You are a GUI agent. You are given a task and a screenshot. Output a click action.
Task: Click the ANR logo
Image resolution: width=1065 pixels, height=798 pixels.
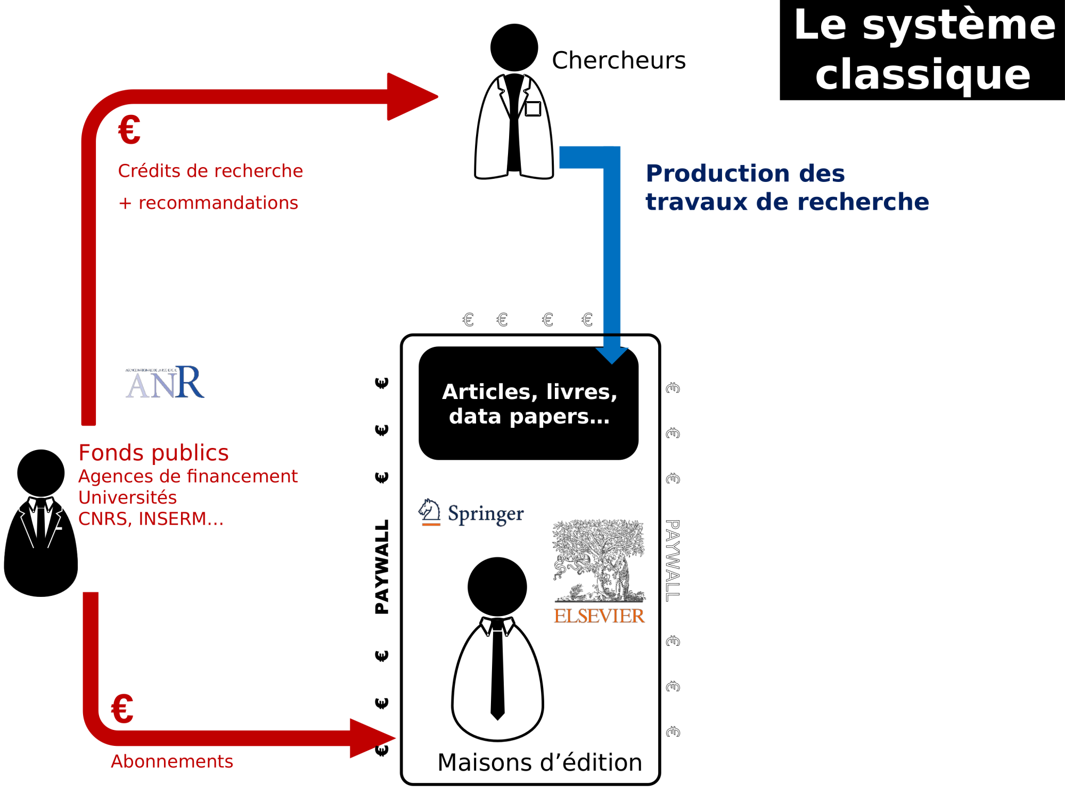165,382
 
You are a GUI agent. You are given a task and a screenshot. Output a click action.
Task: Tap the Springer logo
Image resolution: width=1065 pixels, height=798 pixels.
471,513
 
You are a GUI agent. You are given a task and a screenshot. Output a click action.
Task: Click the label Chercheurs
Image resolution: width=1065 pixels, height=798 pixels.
619,61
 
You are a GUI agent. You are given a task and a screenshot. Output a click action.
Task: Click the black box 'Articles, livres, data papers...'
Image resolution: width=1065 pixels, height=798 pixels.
528,403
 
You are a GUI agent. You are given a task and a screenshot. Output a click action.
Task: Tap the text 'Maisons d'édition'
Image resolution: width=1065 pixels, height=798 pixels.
539,762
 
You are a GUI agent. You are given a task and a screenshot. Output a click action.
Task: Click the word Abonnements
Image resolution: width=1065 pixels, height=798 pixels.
172,761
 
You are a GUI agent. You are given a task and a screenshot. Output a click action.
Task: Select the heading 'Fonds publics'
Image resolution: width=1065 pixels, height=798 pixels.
153,453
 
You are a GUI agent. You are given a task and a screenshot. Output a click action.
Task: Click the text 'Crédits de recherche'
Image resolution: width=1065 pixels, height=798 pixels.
210,171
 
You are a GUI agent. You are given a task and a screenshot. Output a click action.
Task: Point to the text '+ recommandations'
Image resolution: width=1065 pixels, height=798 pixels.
208,203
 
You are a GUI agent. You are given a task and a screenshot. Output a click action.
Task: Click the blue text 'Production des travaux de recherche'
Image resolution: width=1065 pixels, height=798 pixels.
787,187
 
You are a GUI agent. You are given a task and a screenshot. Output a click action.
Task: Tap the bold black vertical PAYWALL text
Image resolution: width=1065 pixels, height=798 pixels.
382,567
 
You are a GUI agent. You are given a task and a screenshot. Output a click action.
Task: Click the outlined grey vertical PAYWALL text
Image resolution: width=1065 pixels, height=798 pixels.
673,561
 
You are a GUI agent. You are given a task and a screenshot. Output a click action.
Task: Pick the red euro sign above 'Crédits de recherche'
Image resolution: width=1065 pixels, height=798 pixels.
129,130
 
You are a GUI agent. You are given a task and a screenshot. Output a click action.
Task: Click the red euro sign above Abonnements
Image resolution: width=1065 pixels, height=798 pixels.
122,709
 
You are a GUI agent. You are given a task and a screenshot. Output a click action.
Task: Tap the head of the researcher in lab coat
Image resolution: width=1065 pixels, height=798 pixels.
514,47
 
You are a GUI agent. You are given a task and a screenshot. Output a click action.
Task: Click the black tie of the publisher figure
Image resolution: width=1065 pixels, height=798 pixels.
497,670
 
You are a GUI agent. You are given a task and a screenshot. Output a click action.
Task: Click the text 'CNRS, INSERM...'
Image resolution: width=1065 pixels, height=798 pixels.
151,519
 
